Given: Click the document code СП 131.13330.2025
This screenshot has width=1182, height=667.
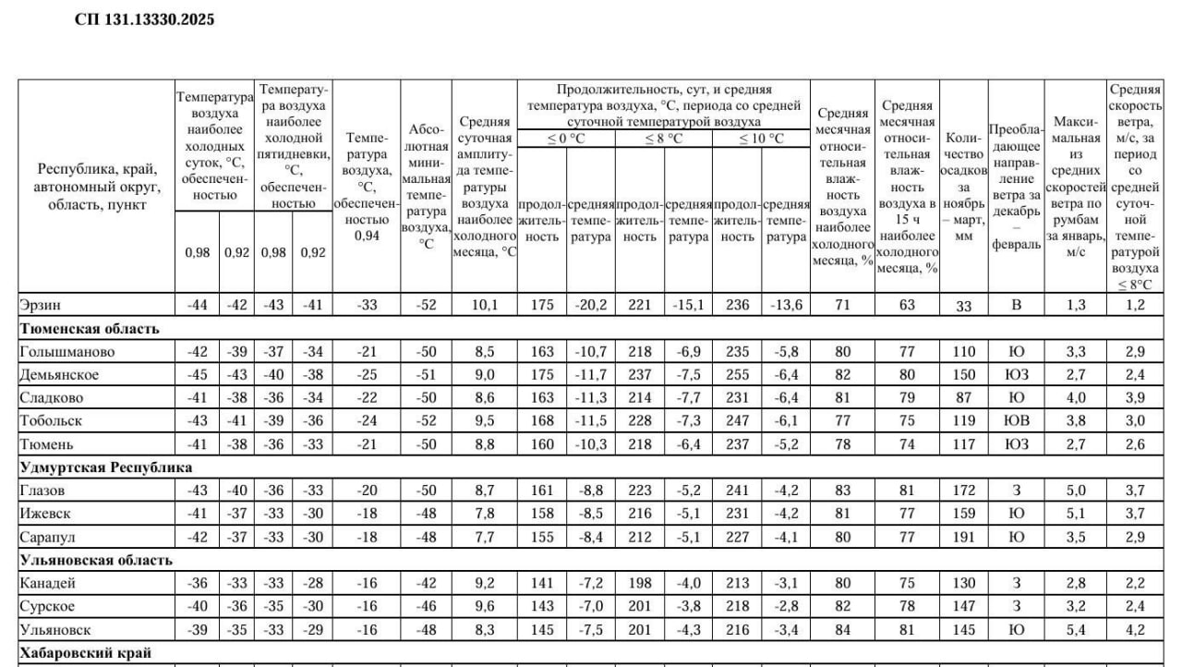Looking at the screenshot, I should [144, 18].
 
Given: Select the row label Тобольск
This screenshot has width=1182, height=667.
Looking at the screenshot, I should [51, 420].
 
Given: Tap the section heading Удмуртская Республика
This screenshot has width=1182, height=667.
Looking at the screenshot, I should [106, 467].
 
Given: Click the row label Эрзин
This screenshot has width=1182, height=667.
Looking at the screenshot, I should [40, 306].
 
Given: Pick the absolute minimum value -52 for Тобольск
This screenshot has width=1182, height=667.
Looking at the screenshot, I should [426, 420].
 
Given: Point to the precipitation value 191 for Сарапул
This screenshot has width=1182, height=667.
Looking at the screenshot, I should [963, 536].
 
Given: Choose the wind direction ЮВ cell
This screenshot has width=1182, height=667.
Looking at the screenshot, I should [1016, 420].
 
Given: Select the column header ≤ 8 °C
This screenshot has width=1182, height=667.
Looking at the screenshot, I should [663, 139].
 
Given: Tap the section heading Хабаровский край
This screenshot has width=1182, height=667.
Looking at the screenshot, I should [85, 652].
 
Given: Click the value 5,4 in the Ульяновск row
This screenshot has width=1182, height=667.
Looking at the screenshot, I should [1076, 629].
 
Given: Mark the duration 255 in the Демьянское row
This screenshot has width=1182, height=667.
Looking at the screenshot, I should [737, 374].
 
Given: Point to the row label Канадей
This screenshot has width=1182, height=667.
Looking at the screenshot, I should [47, 583].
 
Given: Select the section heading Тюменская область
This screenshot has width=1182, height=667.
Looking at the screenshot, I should [89, 328].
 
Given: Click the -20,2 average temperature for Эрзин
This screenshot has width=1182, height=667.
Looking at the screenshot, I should [591, 306].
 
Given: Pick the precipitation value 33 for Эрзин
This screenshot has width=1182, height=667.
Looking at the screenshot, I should [963, 307].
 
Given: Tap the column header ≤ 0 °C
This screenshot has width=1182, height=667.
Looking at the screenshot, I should [566, 139].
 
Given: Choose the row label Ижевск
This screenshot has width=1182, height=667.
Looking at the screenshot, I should [45, 513].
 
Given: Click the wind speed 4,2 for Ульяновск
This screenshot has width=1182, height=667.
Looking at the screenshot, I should [1134, 629].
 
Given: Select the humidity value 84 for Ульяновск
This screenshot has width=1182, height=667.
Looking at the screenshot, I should [842, 629].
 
